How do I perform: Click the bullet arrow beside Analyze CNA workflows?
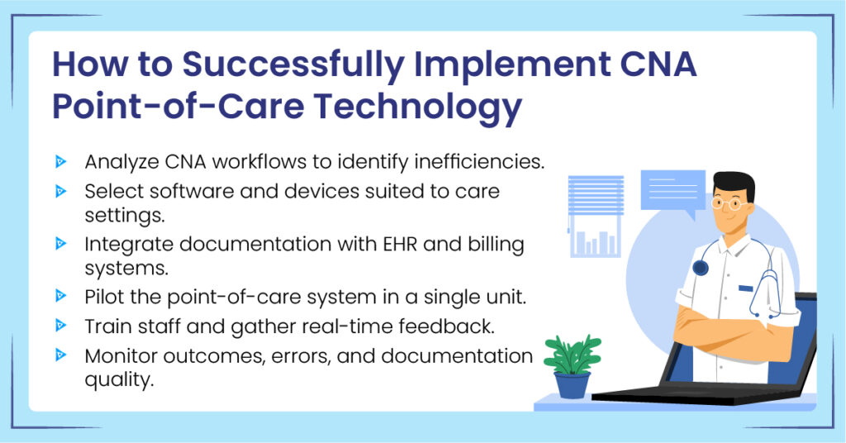tap(61, 160)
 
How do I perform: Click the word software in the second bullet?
tap(186, 191)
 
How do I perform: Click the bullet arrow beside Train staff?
tap(61, 326)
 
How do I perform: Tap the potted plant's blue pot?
tap(572, 384)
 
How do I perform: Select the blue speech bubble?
tap(673, 193)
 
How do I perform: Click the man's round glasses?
tap(728, 202)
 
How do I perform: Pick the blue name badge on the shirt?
tap(746, 288)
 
